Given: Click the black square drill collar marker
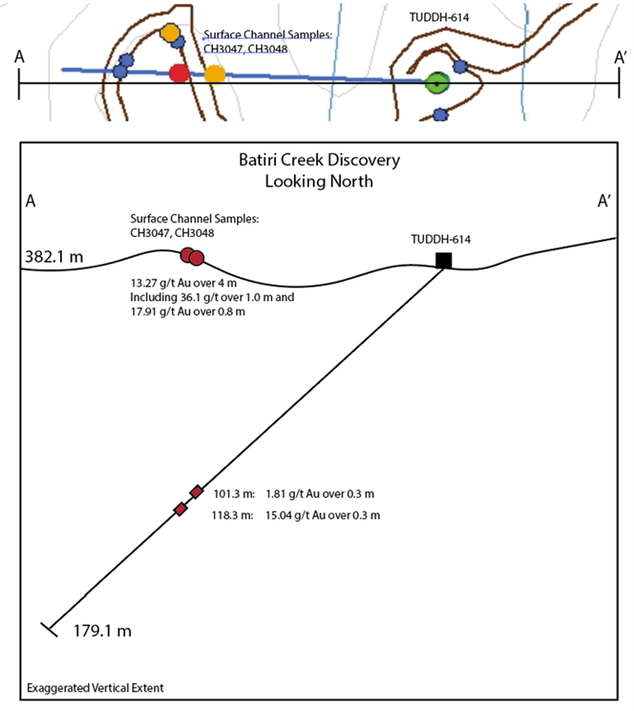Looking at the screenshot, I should click(x=443, y=260).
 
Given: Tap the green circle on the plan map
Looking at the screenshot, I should click(x=436, y=83).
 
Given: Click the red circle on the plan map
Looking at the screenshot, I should click(x=179, y=74).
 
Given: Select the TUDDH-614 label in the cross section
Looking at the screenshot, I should click(x=440, y=240).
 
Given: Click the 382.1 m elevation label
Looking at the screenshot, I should click(x=54, y=256).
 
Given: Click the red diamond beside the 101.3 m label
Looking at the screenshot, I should click(x=196, y=492).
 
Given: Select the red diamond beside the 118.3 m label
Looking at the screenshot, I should click(x=180, y=509).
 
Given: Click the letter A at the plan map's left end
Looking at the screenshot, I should click(x=19, y=56).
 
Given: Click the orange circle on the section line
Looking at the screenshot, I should click(x=215, y=74).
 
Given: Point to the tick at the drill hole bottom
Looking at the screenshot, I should click(x=49, y=629).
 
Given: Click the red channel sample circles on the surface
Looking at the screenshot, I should click(x=192, y=256).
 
